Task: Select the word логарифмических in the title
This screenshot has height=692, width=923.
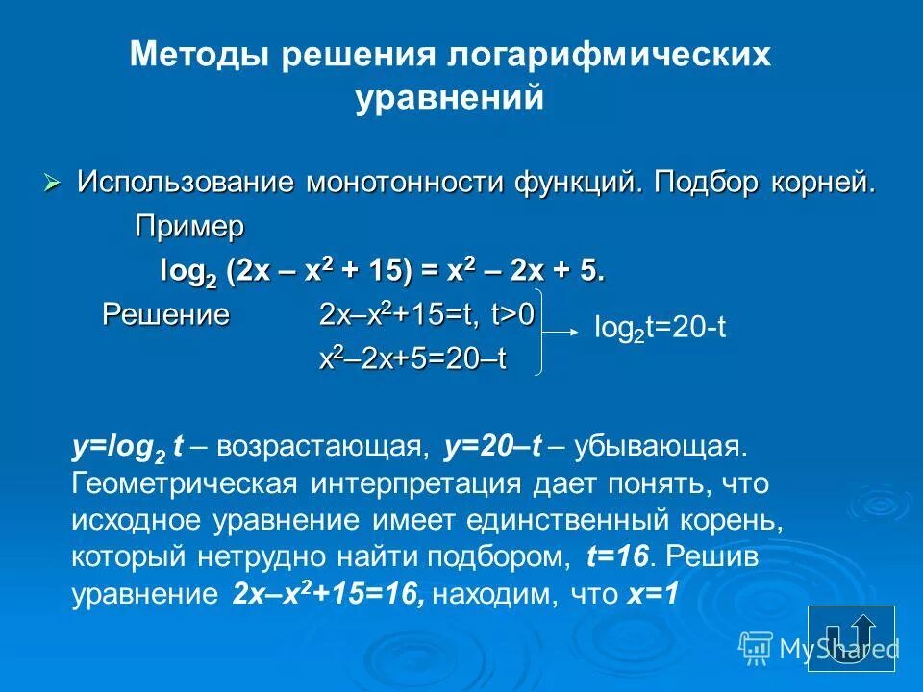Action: coord(610,55)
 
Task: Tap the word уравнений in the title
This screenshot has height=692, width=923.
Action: coord(450,99)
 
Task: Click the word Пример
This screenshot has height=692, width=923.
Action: coord(189,227)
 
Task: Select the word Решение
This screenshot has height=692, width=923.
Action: coord(166,314)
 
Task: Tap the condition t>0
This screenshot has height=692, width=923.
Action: coord(514,314)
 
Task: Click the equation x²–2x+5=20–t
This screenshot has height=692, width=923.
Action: coord(413,358)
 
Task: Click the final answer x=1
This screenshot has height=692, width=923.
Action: coord(654,595)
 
